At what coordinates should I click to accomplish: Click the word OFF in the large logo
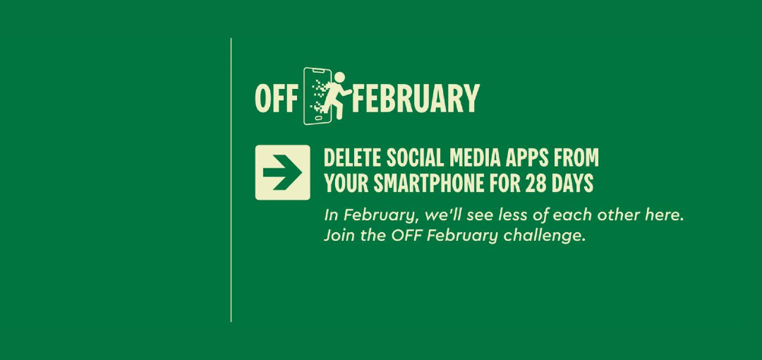pyautogui.click(x=276, y=99)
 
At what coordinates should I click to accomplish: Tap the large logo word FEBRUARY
pyautogui.click(x=416, y=99)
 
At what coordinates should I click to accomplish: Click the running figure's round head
pyautogui.click(x=339, y=78)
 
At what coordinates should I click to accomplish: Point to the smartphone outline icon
pyautogui.click(x=317, y=96)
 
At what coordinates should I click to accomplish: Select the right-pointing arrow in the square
pyautogui.click(x=282, y=172)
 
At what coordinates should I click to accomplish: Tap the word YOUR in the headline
pyautogui.click(x=346, y=184)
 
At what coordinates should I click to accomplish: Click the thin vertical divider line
pyautogui.click(x=231, y=180)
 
